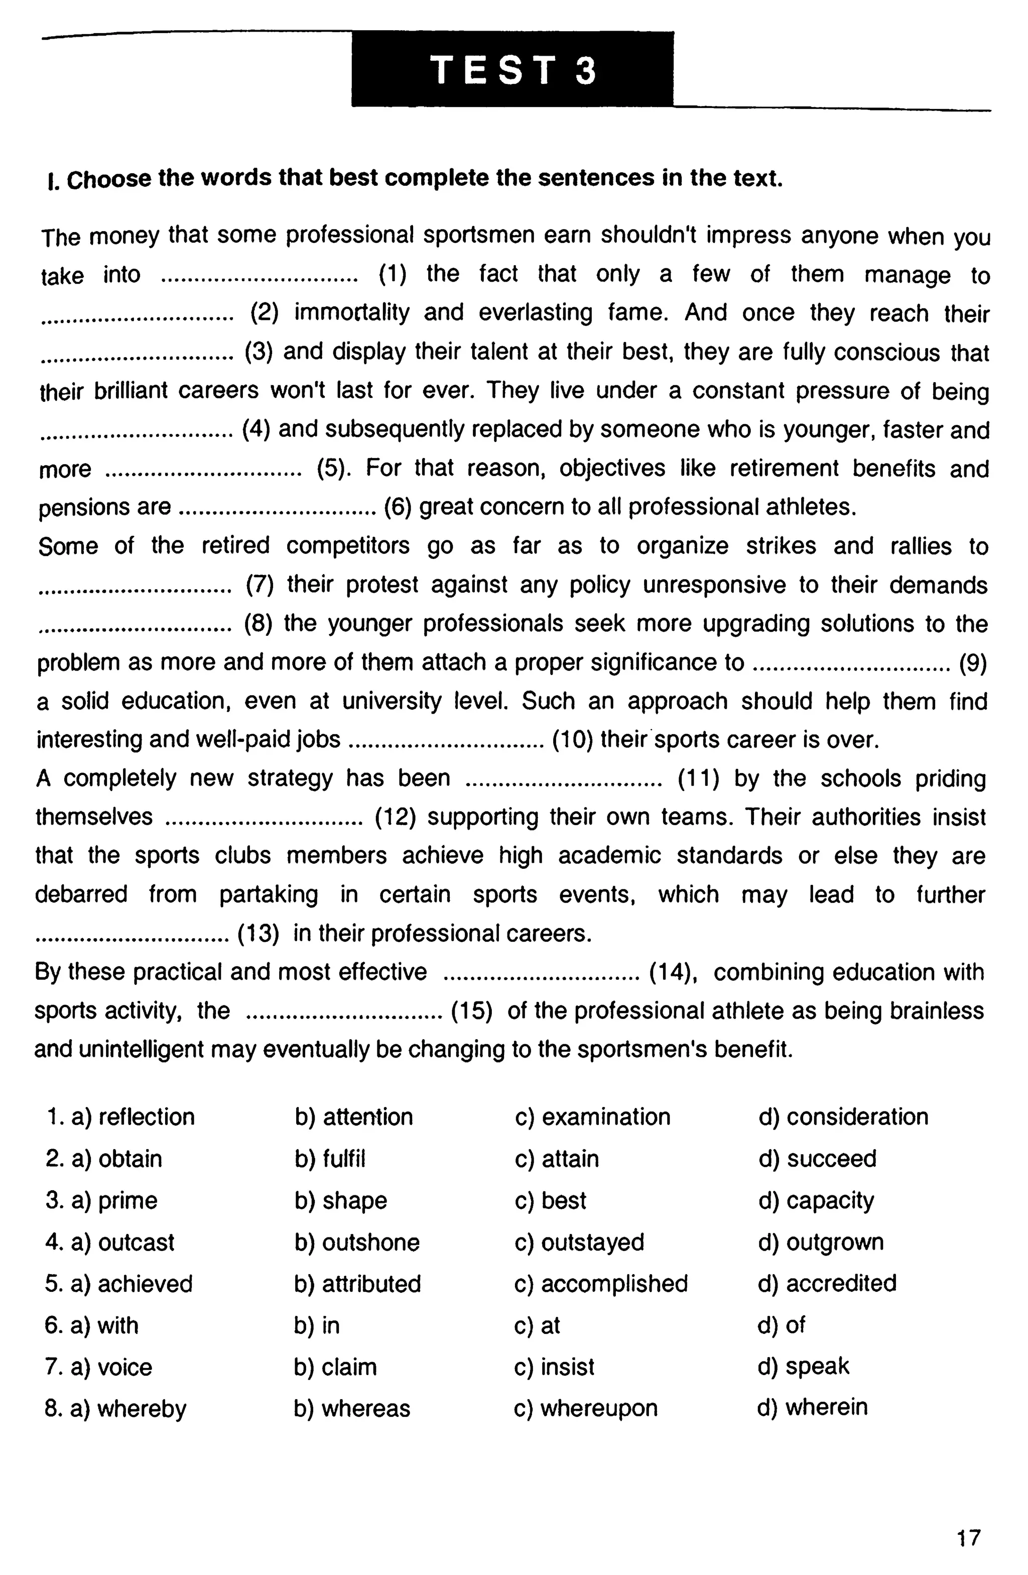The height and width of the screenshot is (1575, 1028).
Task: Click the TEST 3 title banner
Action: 512,69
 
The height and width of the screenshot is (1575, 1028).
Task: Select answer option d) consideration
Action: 843,1116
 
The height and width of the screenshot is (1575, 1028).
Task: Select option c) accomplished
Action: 601,1283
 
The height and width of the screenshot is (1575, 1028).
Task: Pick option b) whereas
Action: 352,1408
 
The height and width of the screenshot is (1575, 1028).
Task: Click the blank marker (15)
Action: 471,1010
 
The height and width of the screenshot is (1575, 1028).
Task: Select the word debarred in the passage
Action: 81,894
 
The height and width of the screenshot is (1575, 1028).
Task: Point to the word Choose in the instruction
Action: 109,179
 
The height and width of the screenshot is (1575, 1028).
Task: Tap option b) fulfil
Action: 330,1158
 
